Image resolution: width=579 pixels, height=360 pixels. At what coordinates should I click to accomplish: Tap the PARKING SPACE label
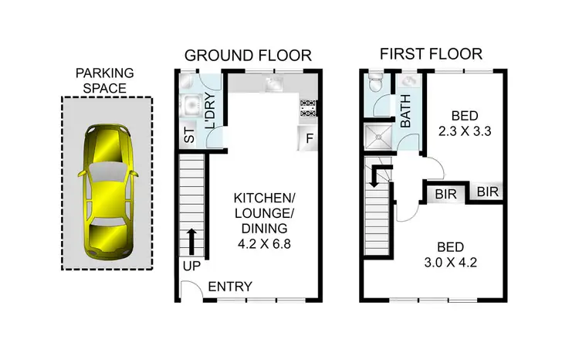[x=106, y=80]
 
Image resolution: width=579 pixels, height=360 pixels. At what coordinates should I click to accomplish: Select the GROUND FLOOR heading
[x=247, y=55]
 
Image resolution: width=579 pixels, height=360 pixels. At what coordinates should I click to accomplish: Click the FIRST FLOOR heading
[x=431, y=54]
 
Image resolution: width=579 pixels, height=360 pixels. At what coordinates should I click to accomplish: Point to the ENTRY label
[x=230, y=287]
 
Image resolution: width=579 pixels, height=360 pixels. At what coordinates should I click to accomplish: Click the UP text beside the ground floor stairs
[x=191, y=267]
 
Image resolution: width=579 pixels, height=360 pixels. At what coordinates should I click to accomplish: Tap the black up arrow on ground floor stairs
[x=190, y=241]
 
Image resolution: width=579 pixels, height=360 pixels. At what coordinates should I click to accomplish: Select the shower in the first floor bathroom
[x=378, y=137]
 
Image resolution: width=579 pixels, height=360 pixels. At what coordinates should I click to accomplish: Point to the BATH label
[x=406, y=111]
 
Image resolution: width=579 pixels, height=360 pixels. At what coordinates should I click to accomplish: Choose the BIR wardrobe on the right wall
[x=486, y=191]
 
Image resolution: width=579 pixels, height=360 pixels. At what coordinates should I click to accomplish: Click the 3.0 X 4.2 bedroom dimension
[x=451, y=263]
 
